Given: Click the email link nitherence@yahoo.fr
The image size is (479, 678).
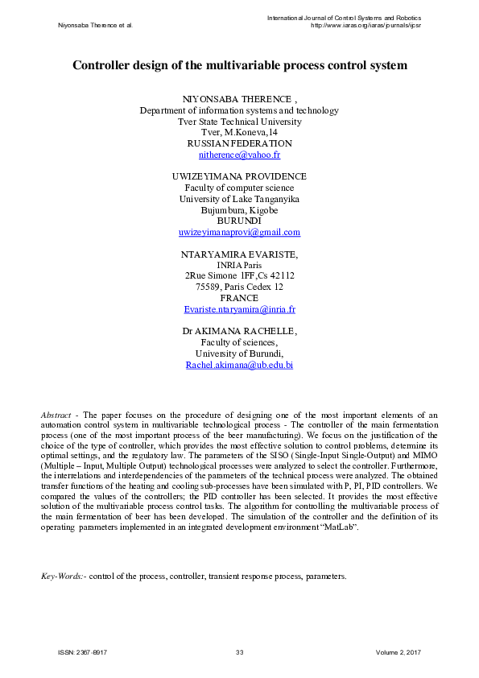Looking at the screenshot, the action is [239, 155].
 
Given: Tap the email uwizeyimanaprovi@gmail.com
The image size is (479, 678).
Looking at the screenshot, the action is [239, 232].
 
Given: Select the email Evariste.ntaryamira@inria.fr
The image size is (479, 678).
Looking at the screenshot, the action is [239, 309].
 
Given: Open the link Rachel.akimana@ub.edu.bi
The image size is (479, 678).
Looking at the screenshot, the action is [239, 365].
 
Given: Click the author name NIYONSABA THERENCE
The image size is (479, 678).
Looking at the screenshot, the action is [237, 99].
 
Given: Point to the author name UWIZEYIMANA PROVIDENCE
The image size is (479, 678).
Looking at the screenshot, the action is [239, 176].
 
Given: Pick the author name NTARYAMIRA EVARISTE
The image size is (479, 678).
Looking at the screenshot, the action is [239, 254].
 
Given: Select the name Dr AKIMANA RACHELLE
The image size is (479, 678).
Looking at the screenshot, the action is [239, 331].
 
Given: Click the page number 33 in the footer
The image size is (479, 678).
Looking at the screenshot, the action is [239, 651].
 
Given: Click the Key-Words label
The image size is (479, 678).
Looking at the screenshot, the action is [61, 577].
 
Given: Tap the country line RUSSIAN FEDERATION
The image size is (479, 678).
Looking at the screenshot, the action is [239, 143].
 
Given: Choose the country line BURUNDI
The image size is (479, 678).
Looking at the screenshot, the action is [239, 221].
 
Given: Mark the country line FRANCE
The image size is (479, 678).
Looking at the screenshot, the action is [239, 298].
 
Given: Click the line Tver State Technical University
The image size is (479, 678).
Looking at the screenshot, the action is [239, 122].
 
